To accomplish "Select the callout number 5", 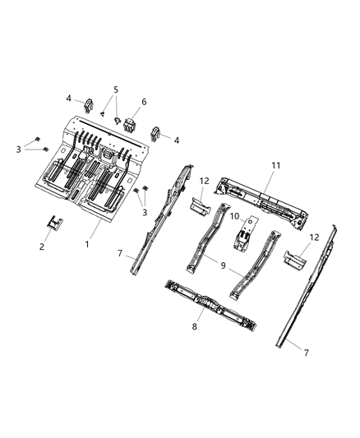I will point(116,90).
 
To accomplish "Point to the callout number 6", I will point(145,103).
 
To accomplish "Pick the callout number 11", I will point(276,165).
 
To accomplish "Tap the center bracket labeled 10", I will point(244,239).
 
